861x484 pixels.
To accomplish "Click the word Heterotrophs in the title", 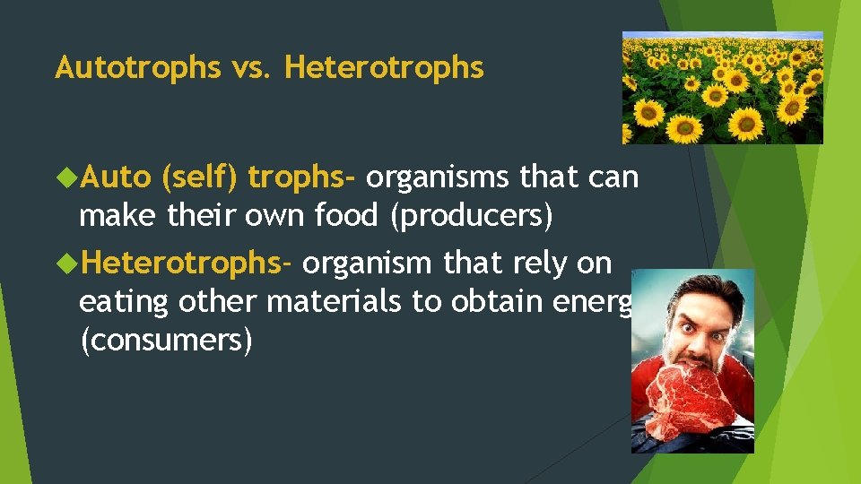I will (384, 67).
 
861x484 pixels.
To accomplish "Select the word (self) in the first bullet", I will (199, 178).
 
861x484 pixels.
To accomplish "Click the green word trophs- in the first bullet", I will (302, 178).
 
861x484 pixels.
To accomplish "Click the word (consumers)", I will (166, 341).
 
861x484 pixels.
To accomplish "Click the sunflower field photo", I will (722, 88).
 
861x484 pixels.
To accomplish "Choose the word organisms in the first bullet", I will (438, 178).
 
